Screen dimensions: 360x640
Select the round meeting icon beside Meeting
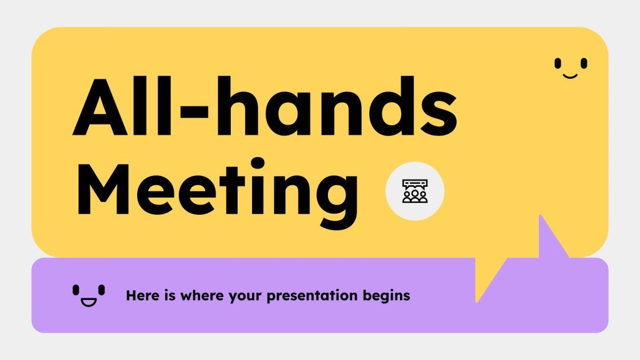415,191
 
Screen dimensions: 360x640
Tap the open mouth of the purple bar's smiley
89,301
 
